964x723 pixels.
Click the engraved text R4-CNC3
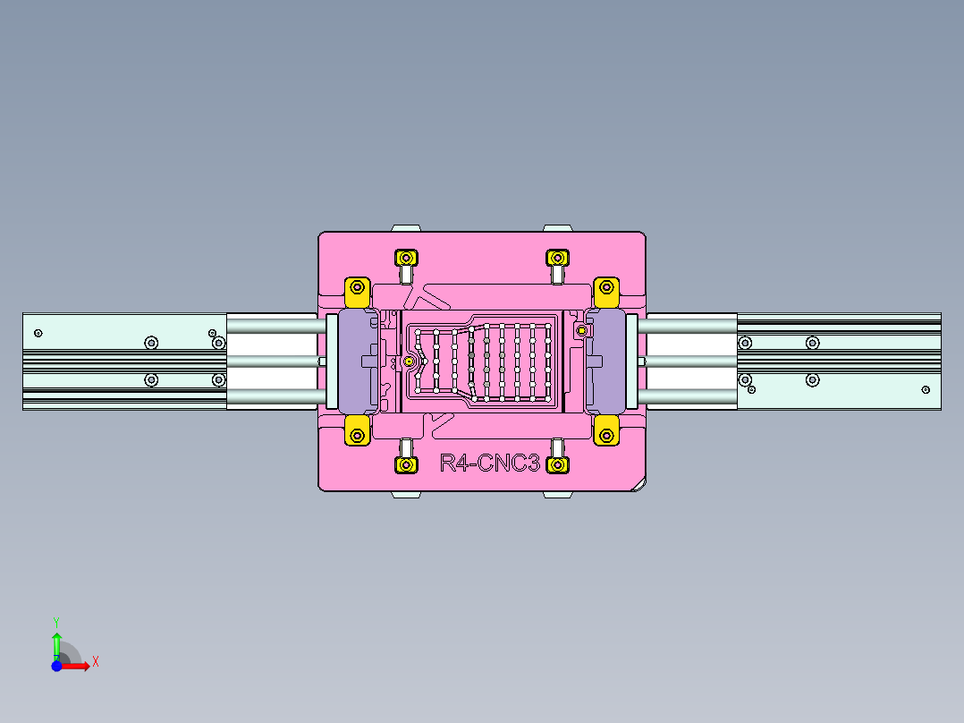[489, 464]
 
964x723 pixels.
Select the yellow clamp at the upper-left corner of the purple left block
[357, 288]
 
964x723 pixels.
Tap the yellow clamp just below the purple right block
[607, 435]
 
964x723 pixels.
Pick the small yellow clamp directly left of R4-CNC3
[407, 465]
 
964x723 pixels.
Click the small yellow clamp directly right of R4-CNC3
[557, 465]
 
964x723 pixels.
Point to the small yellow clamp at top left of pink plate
[407, 259]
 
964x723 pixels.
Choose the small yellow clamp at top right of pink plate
[557, 259]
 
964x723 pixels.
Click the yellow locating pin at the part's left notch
[410, 361]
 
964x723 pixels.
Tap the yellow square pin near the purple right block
[582, 331]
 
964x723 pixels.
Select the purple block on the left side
[358, 361]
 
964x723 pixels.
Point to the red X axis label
[96, 661]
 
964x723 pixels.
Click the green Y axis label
[55, 621]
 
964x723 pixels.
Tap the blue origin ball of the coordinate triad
[56, 666]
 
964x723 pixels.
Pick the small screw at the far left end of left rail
[38, 334]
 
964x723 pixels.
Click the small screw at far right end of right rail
[926, 389]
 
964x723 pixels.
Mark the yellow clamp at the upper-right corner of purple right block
[607, 288]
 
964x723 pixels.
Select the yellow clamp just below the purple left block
[357, 435]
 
